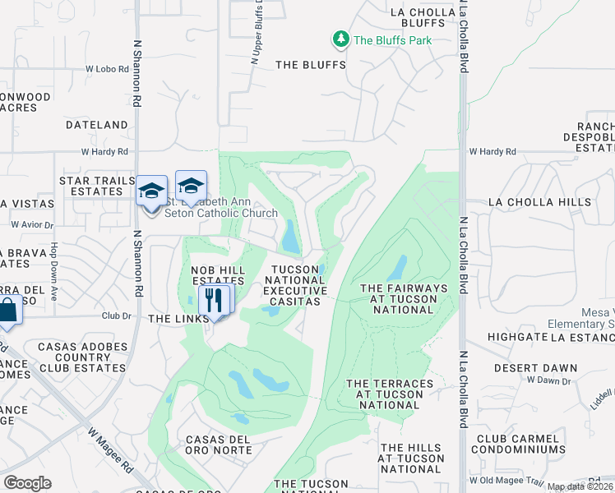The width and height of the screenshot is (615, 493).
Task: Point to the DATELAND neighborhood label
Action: (97, 125)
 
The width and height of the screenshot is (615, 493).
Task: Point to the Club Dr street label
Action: (116, 316)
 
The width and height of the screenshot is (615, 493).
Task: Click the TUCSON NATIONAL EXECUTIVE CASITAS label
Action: (296, 285)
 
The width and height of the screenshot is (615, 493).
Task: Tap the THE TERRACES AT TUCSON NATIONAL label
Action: (390, 394)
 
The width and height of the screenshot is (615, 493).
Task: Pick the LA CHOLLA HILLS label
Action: (539, 201)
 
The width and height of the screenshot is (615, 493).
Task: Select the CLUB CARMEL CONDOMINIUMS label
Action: (520, 444)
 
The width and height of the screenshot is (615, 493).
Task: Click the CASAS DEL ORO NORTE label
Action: (218, 445)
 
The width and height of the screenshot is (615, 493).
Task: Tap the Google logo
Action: (27, 483)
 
